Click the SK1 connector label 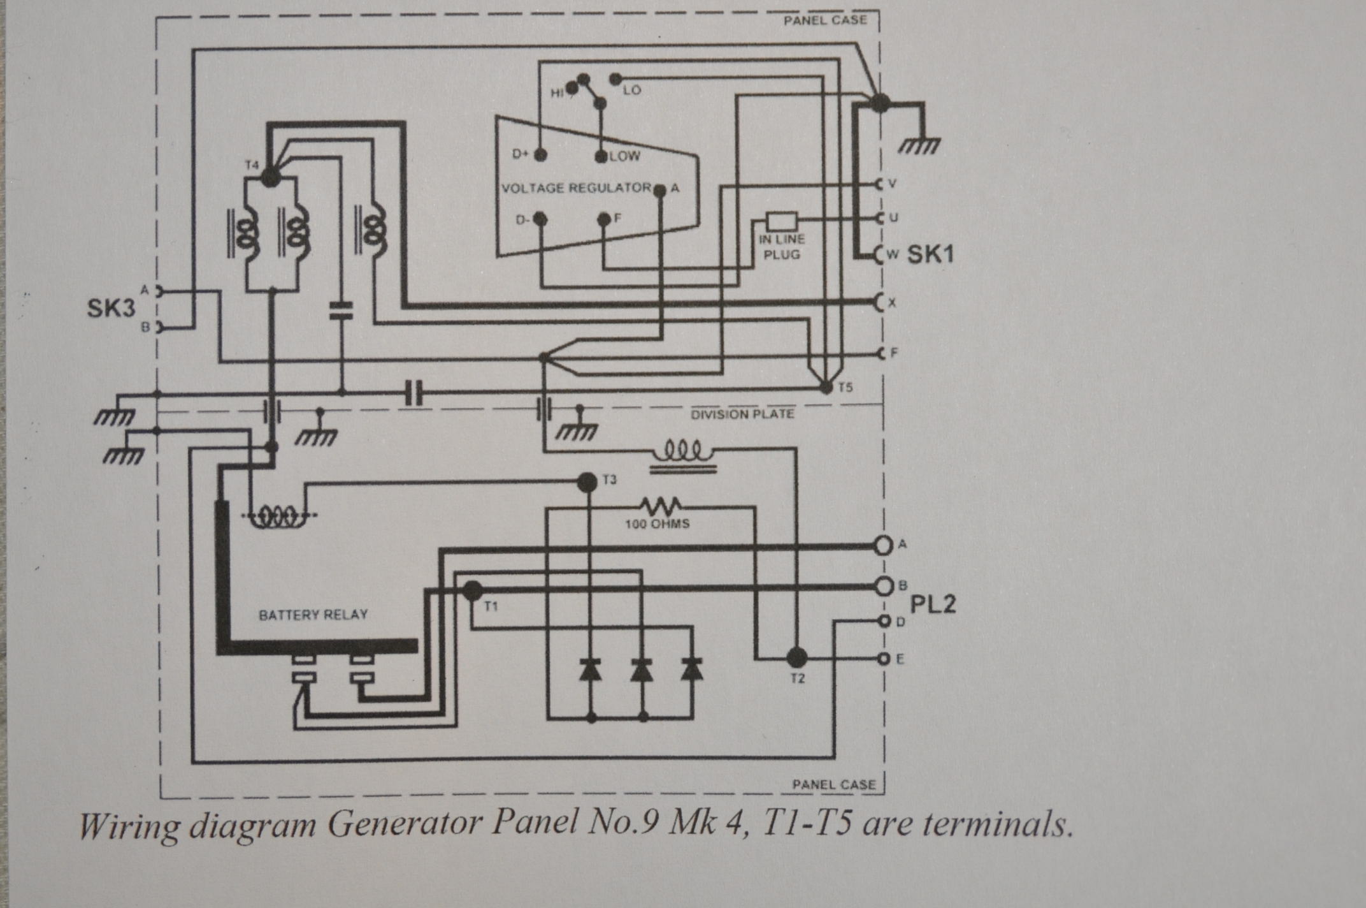point(930,254)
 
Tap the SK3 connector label point(111,309)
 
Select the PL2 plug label point(933,604)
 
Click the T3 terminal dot point(587,482)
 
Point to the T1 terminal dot point(472,590)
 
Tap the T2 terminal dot point(796,657)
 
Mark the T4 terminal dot point(271,177)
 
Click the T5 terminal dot point(826,387)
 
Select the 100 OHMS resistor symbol point(661,507)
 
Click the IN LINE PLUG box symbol point(781,221)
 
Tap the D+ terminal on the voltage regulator point(540,154)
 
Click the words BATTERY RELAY point(313,615)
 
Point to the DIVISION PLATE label point(742,414)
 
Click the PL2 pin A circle point(883,545)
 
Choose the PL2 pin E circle point(883,659)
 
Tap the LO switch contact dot point(615,79)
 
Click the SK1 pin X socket point(881,302)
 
